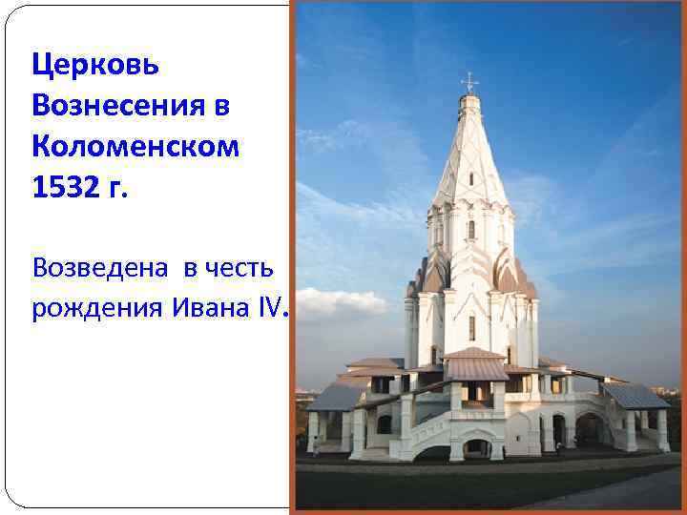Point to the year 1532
coord(64,188)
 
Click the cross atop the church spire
coord(468,82)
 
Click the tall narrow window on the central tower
coord(471,327)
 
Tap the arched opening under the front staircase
coord(473,447)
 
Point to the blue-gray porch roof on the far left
coord(334,397)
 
